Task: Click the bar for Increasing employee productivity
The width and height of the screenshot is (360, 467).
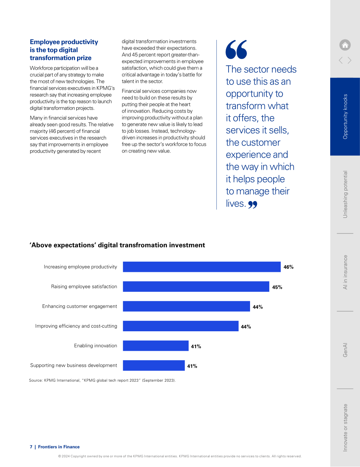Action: coord(202,267)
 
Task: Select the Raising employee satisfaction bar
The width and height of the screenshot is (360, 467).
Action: coord(196,287)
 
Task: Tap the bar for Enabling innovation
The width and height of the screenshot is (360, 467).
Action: coord(156,346)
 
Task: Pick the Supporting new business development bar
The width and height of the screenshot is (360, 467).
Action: coord(154,365)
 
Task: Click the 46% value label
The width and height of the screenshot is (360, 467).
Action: coord(288,267)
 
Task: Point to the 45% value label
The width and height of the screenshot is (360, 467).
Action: coord(277,287)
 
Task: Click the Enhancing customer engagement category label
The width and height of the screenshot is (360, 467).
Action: coord(79,307)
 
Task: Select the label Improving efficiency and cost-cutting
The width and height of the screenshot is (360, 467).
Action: coord(76,326)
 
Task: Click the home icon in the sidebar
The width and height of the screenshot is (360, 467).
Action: coord(345,45)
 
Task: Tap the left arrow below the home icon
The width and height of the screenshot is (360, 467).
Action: coord(340,61)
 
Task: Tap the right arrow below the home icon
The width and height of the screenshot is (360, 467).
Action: coord(349,61)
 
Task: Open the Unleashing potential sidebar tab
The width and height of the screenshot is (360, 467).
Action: coord(345,194)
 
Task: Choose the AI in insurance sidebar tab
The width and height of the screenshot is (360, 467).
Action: coord(345,272)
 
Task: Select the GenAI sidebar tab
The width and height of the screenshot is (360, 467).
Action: coord(345,350)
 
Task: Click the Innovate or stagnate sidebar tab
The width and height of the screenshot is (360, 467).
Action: coord(345,427)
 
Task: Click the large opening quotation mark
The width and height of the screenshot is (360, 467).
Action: coord(236,49)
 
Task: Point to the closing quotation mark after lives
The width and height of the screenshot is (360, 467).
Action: coord(253,205)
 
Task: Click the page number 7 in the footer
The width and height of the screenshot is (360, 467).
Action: coord(31,447)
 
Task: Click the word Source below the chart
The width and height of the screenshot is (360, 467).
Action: coord(36,380)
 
